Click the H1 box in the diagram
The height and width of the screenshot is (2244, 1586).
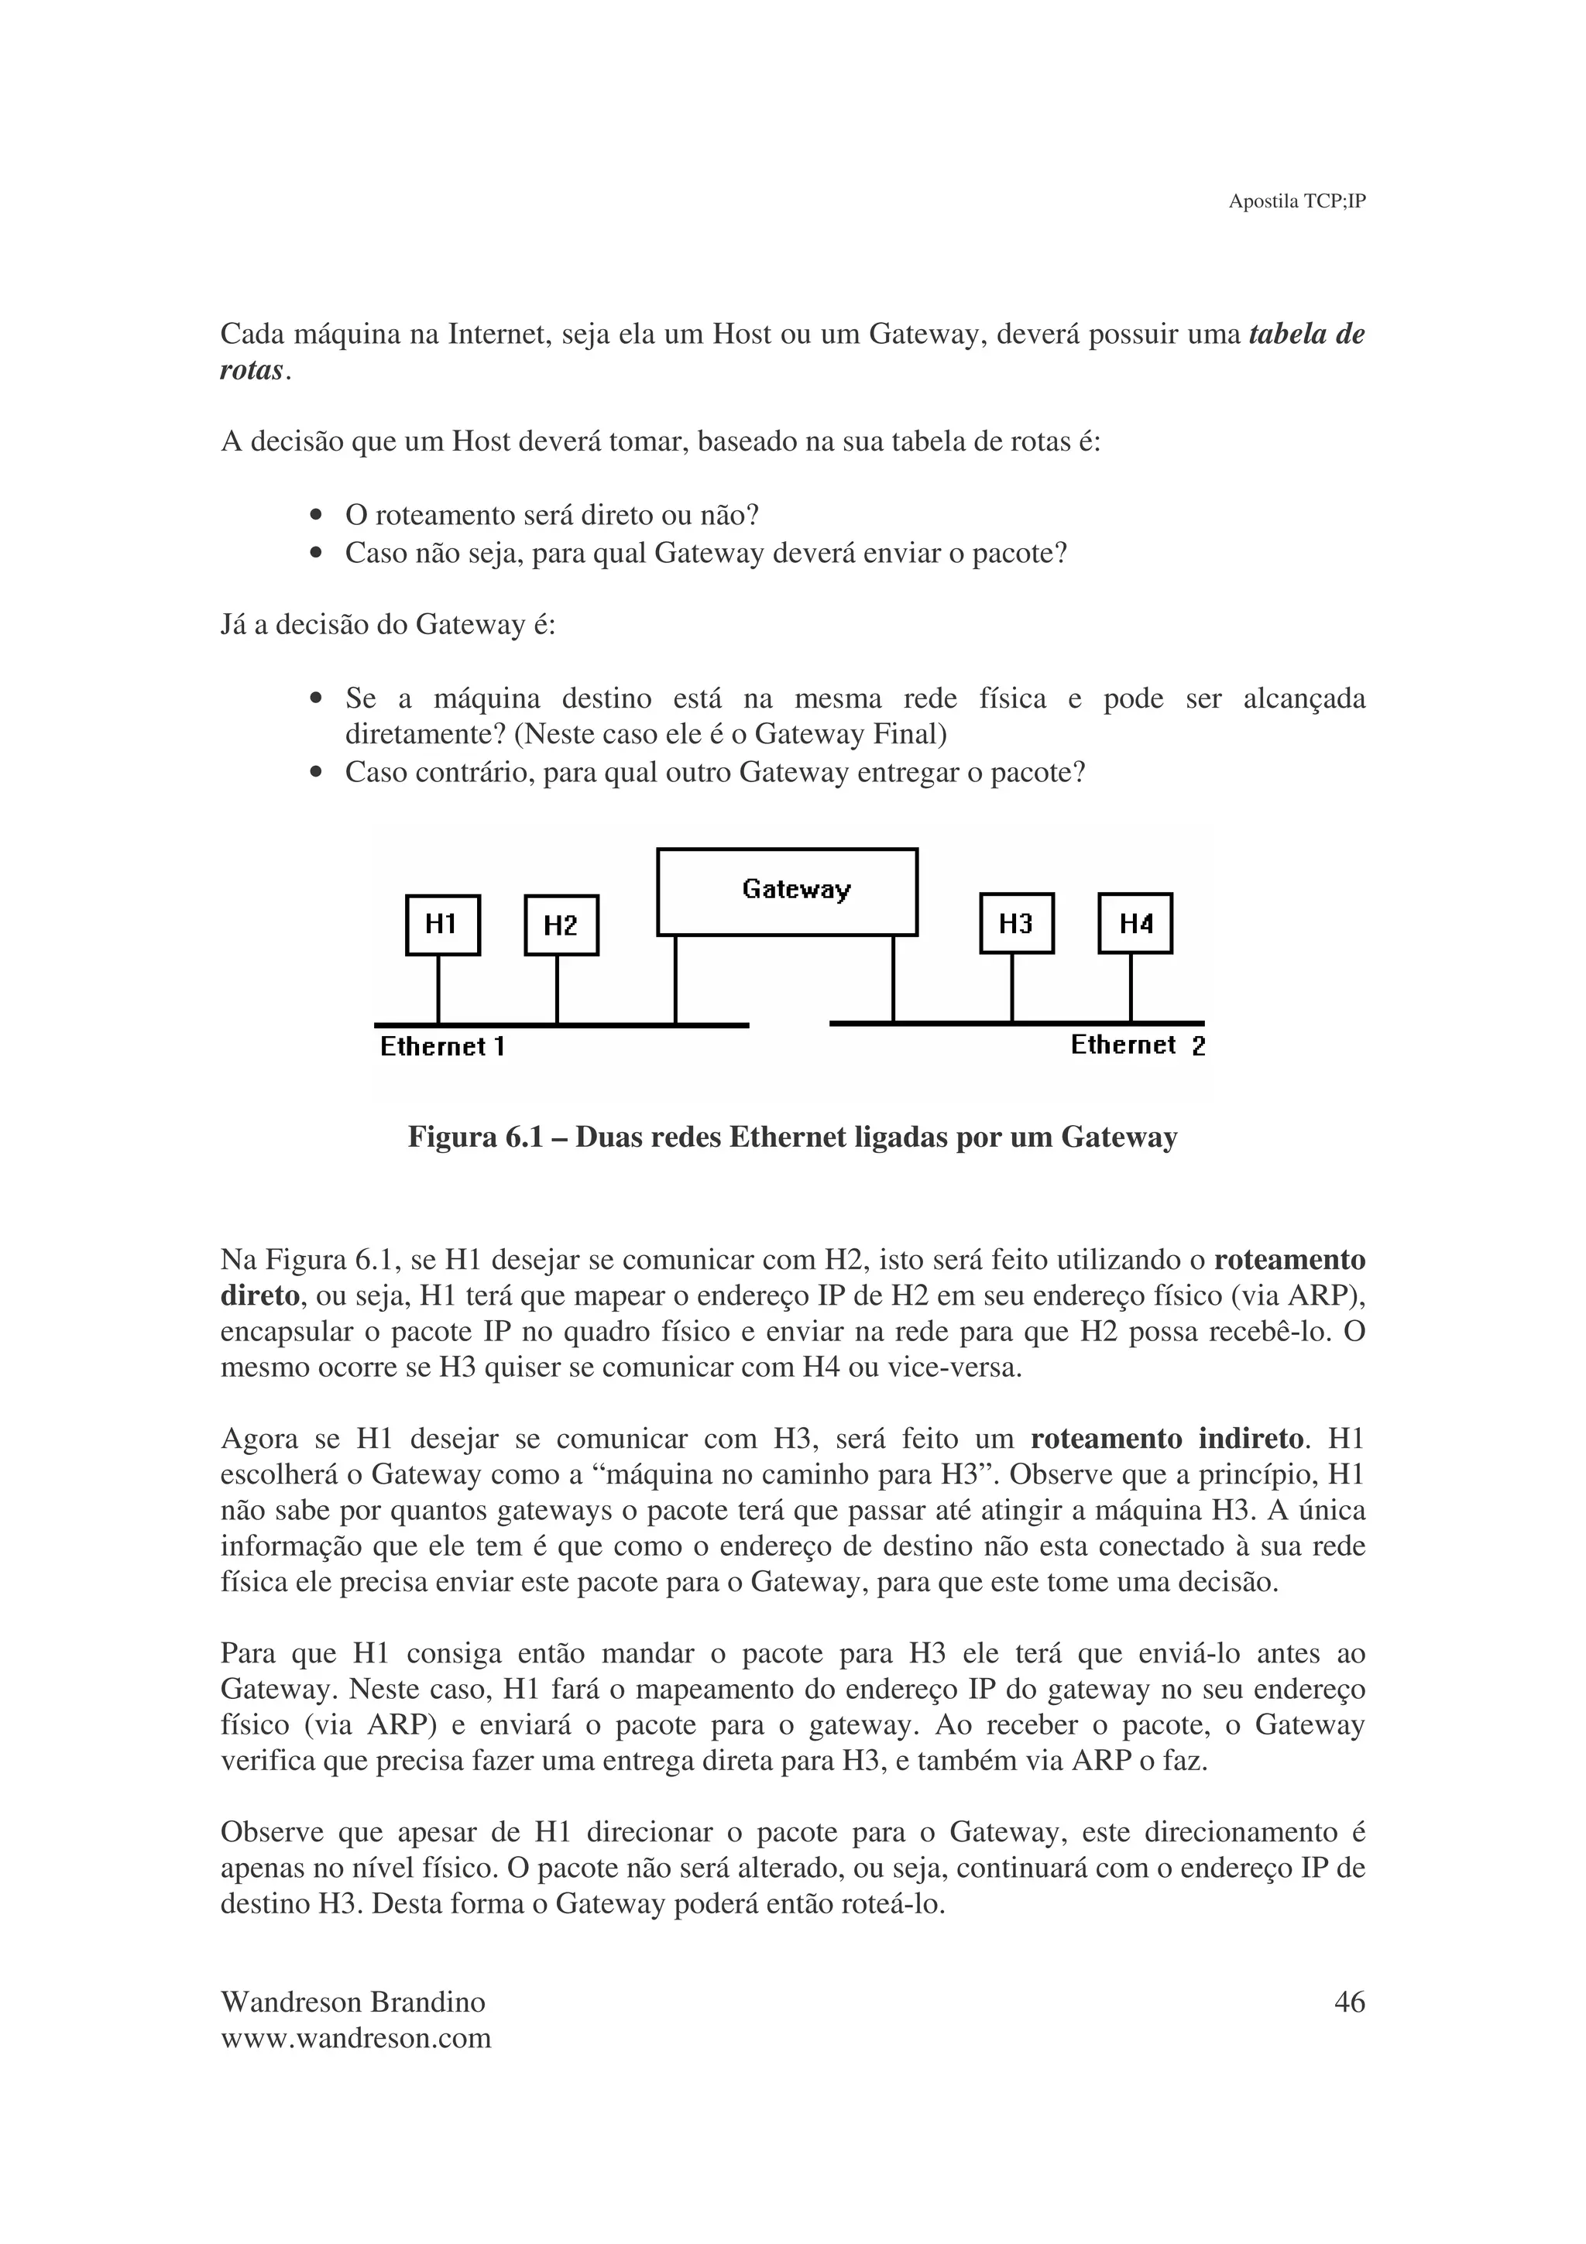click(443, 925)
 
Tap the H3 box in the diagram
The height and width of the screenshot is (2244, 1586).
click(1016, 923)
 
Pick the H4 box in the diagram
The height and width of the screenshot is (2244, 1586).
click(1135, 923)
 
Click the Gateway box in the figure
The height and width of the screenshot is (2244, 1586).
click(787, 891)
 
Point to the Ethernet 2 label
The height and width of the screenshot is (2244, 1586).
click(1138, 1045)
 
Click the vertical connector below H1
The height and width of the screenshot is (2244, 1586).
click(438, 989)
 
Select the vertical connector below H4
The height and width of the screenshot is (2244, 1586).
click(1131, 987)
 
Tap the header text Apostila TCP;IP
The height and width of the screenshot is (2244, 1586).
click(1296, 201)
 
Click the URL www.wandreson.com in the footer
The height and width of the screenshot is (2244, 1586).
click(355, 2039)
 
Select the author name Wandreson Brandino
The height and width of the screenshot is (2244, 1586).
click(353, 2002)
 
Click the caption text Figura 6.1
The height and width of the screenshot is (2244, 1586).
click(475, 1137)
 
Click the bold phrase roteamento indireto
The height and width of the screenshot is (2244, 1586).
click(1168, 1439)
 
